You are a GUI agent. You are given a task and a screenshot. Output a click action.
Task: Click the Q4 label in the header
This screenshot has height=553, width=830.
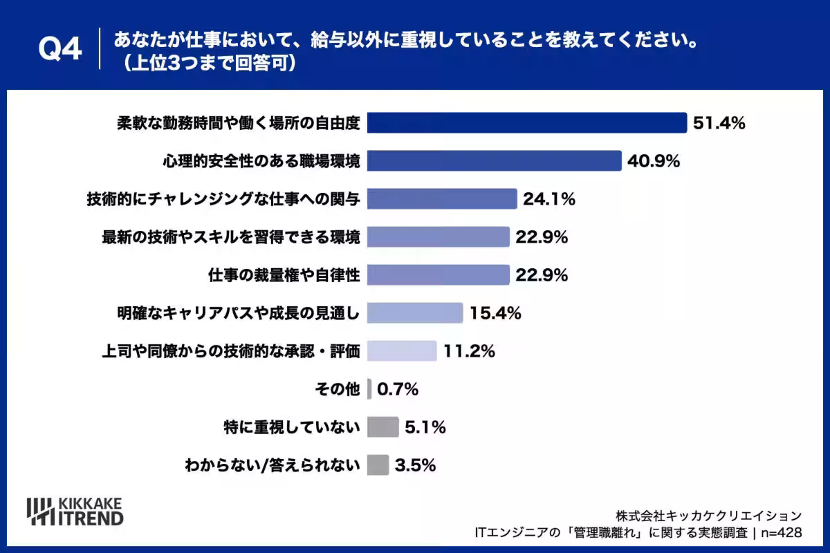click(60, 48)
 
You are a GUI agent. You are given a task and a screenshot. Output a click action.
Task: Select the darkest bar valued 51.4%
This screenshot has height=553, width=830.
click(527, 122)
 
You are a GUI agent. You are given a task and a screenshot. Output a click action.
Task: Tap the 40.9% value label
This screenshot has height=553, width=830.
click(654, 161)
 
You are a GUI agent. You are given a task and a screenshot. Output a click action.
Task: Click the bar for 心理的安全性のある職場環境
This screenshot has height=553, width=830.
click(495, 161)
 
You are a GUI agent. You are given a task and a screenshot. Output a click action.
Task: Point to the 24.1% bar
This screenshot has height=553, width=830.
click(442, 199)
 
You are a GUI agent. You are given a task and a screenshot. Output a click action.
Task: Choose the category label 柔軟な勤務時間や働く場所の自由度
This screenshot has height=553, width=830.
click(239, 123)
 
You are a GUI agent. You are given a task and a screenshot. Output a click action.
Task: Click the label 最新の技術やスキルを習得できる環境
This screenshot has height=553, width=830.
click(231, 237)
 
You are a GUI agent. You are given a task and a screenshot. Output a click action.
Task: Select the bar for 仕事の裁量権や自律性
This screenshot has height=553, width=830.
click(439, 275)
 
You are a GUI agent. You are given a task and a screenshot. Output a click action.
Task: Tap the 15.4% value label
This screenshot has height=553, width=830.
click(495, 313)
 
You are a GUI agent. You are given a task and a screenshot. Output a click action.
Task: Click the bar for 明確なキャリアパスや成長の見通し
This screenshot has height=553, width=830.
click(415, 313)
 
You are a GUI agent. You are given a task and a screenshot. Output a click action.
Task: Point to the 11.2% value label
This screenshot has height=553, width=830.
click(469, 351)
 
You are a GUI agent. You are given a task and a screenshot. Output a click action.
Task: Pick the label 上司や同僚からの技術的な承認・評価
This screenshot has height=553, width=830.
click(231, 351)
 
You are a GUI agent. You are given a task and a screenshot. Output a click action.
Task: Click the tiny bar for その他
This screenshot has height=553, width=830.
click(369, 389)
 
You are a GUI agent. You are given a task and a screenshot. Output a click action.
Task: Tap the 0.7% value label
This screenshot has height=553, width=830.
click(398, 389)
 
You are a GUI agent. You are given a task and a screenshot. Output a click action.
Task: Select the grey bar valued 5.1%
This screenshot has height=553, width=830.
click(383, 427)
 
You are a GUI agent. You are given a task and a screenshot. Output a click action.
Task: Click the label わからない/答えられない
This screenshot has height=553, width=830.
click(273, 465)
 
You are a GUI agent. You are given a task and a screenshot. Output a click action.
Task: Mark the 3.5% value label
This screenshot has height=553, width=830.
click(416, 465)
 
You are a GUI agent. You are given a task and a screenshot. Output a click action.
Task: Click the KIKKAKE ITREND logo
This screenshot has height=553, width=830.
click(75, 512)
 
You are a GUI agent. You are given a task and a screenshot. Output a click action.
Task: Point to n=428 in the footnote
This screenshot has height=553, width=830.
click(782, 533)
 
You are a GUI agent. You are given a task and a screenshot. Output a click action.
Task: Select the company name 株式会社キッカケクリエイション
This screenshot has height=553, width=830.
click(709, 516)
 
